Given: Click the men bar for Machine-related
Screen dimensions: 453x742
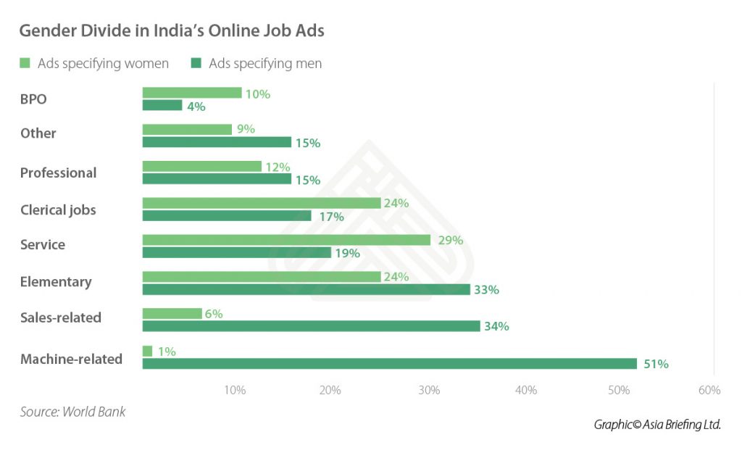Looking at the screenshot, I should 389,363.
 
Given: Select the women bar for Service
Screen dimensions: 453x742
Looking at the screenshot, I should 286,240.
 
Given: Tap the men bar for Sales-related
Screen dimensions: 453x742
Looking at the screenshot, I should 311,326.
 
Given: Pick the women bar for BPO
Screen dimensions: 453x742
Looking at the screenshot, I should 191,93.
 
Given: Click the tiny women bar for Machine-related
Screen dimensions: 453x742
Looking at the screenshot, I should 147,352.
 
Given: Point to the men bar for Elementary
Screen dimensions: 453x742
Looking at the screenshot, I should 306,289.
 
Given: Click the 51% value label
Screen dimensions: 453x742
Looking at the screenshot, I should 656,364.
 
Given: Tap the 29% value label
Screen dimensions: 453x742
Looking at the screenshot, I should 450,240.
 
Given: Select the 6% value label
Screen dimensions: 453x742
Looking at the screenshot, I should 213,314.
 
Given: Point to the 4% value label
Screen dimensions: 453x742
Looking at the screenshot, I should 196,107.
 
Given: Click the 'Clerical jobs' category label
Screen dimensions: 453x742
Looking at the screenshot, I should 58,210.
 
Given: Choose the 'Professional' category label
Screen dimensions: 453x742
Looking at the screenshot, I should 58,173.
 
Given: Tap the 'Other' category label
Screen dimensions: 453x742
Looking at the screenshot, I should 38,133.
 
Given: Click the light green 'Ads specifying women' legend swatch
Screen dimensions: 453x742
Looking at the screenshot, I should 25,64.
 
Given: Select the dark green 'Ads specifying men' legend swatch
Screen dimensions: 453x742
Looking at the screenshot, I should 196,64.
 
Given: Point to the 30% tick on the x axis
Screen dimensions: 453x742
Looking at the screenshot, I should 429,391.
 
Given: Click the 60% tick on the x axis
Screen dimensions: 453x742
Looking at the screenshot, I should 709,391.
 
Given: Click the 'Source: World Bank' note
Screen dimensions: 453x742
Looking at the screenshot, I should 72,412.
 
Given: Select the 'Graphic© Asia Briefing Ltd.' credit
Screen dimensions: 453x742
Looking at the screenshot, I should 657,425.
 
